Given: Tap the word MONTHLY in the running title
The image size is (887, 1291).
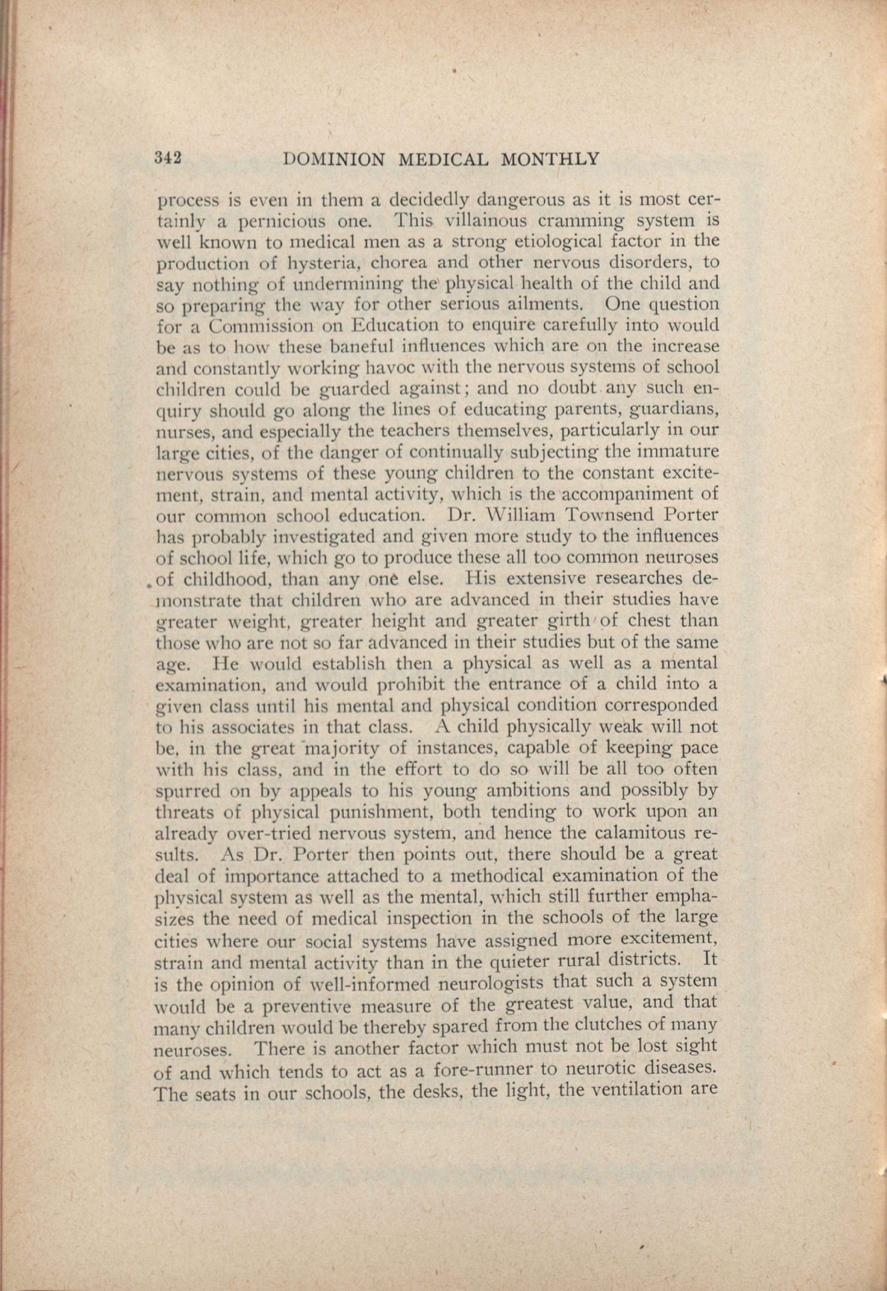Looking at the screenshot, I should (550, 160).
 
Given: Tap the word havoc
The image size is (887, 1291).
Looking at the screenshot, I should (391, 368).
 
